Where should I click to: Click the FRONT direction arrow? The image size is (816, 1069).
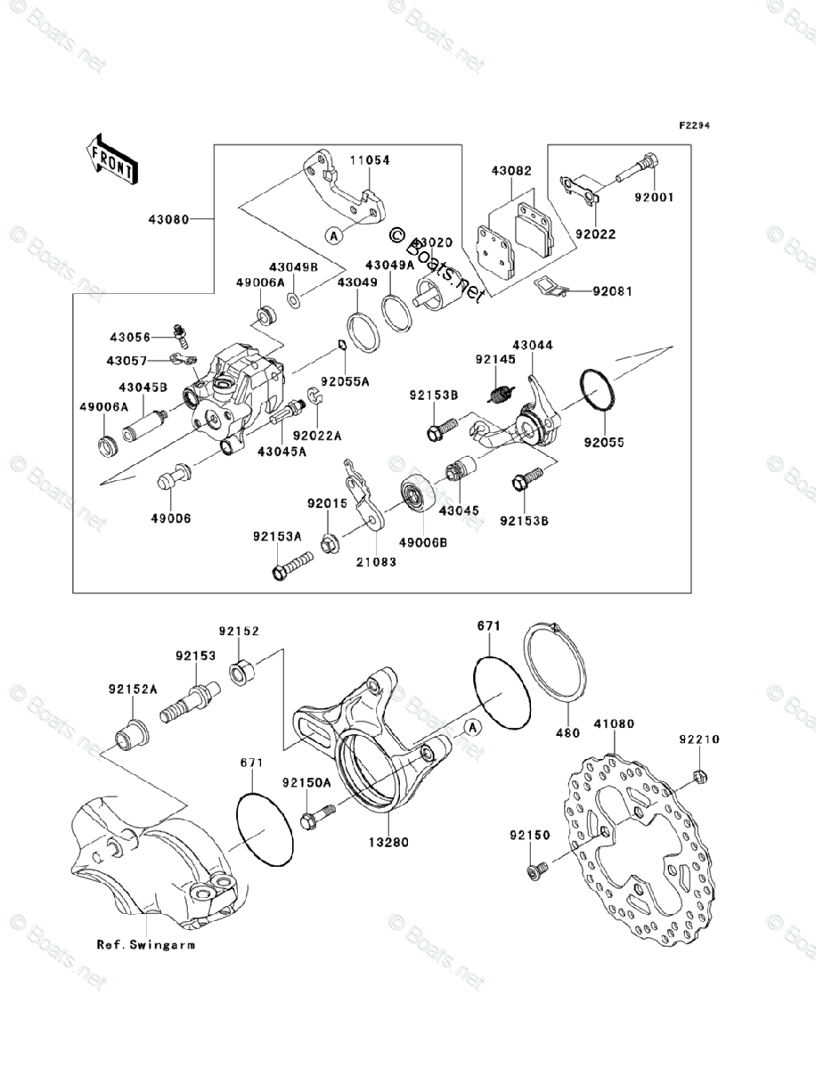(x=111, y=158)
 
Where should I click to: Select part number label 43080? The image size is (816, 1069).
(x=167, y=216)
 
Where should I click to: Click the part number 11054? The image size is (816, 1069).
(x=369, y=160)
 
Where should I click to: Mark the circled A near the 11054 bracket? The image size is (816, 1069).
(x=333, y=235)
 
